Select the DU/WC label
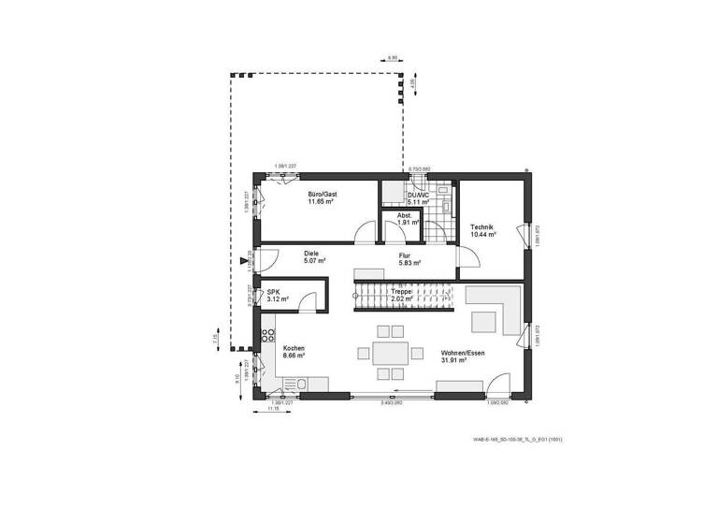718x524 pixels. [x=418, y=194]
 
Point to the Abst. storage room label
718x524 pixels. [x=405, y=215]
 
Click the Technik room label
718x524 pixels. [x=482, y=226]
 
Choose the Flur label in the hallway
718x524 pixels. [x=405, y=255]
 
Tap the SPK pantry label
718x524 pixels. [x=274, y=292]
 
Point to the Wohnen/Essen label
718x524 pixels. [x=461, y=353]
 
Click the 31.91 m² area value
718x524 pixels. [x=461, y=360]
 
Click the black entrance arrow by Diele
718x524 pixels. [x=245, y=261]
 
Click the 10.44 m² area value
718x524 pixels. [x=482, y=234]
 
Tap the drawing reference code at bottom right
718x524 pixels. [x=517, y=438]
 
